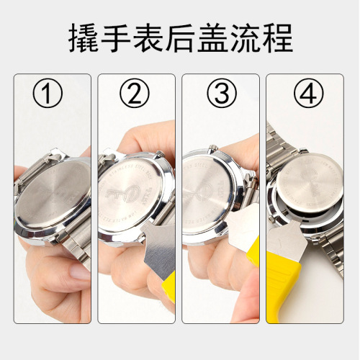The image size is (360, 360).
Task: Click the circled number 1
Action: tap(48, 94)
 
